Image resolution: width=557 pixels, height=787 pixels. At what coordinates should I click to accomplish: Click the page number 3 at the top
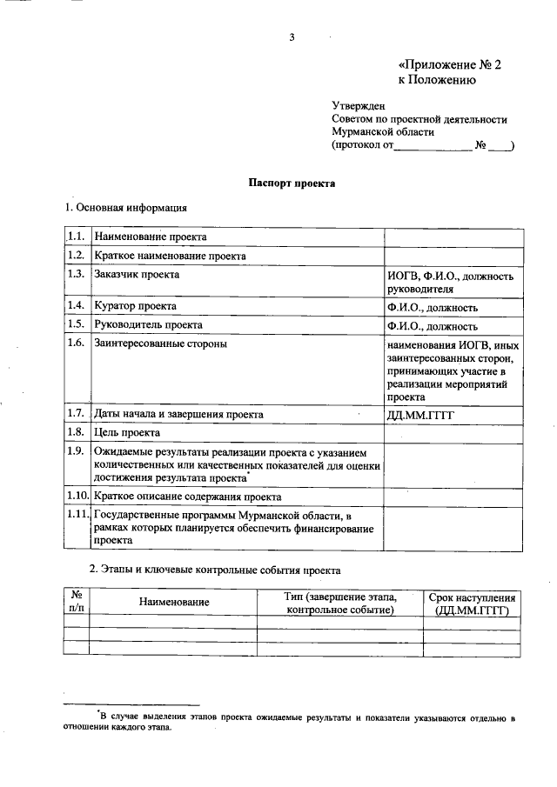coord(293,37)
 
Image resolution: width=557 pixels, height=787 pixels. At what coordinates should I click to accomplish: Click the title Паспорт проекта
coord(292,183)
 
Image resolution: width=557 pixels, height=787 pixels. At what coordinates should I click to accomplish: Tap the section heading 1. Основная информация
coord(125,208)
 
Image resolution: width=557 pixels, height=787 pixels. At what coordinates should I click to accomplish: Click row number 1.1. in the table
coord(75,237)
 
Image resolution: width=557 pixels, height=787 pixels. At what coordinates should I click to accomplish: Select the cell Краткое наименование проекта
coord(171,257)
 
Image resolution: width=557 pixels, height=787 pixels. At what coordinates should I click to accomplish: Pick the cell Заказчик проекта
coord(137,275)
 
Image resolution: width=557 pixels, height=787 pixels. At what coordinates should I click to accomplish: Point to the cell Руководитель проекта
coord(148,326)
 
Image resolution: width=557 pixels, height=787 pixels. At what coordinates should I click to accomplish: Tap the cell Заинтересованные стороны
coord(160,344)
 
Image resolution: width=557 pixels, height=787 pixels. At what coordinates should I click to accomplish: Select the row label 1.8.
coord(75,432)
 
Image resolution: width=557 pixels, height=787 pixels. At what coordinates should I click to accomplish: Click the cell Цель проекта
coord(127,432)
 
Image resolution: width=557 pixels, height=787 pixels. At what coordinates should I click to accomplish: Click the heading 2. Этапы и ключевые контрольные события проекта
coord(215,570)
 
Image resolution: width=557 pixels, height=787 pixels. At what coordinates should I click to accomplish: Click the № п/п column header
coord(77,603)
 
